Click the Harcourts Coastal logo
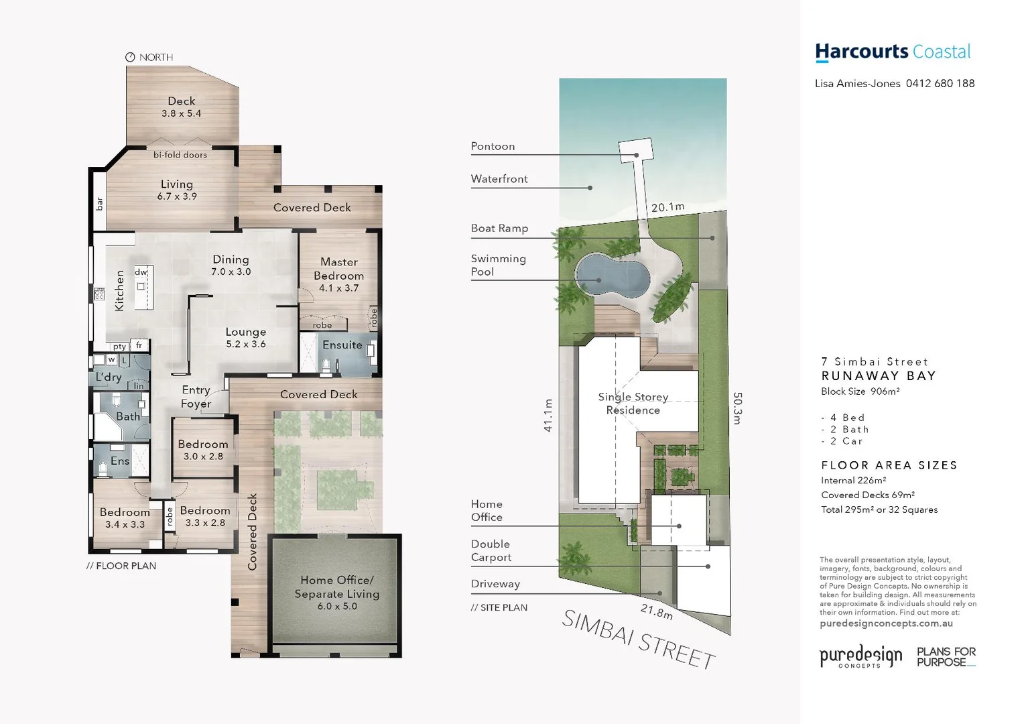(x=892, y=52)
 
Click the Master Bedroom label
(x=338, y=269)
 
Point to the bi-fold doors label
(x=180, y=155)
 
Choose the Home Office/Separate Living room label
(x=336, y=587)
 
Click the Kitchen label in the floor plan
(x=120, y=290)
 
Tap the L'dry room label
(x=109, y=377)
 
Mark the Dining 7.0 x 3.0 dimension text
(x=231, y=272)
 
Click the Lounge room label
(x=245, y=333)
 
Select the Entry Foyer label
(x=196, y=397)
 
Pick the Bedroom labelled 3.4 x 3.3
(x=125, y=518)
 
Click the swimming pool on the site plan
(x=613, y=276)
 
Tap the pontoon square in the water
(x=634, y=149)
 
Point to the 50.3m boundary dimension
(x=737, y=408)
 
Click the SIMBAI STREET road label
(x=637, y=640)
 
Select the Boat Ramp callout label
(x=499, y=229)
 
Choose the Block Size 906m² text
(x=860, y=391)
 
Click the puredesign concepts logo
(x=860, y=656)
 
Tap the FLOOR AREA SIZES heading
(x=889, y=465)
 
